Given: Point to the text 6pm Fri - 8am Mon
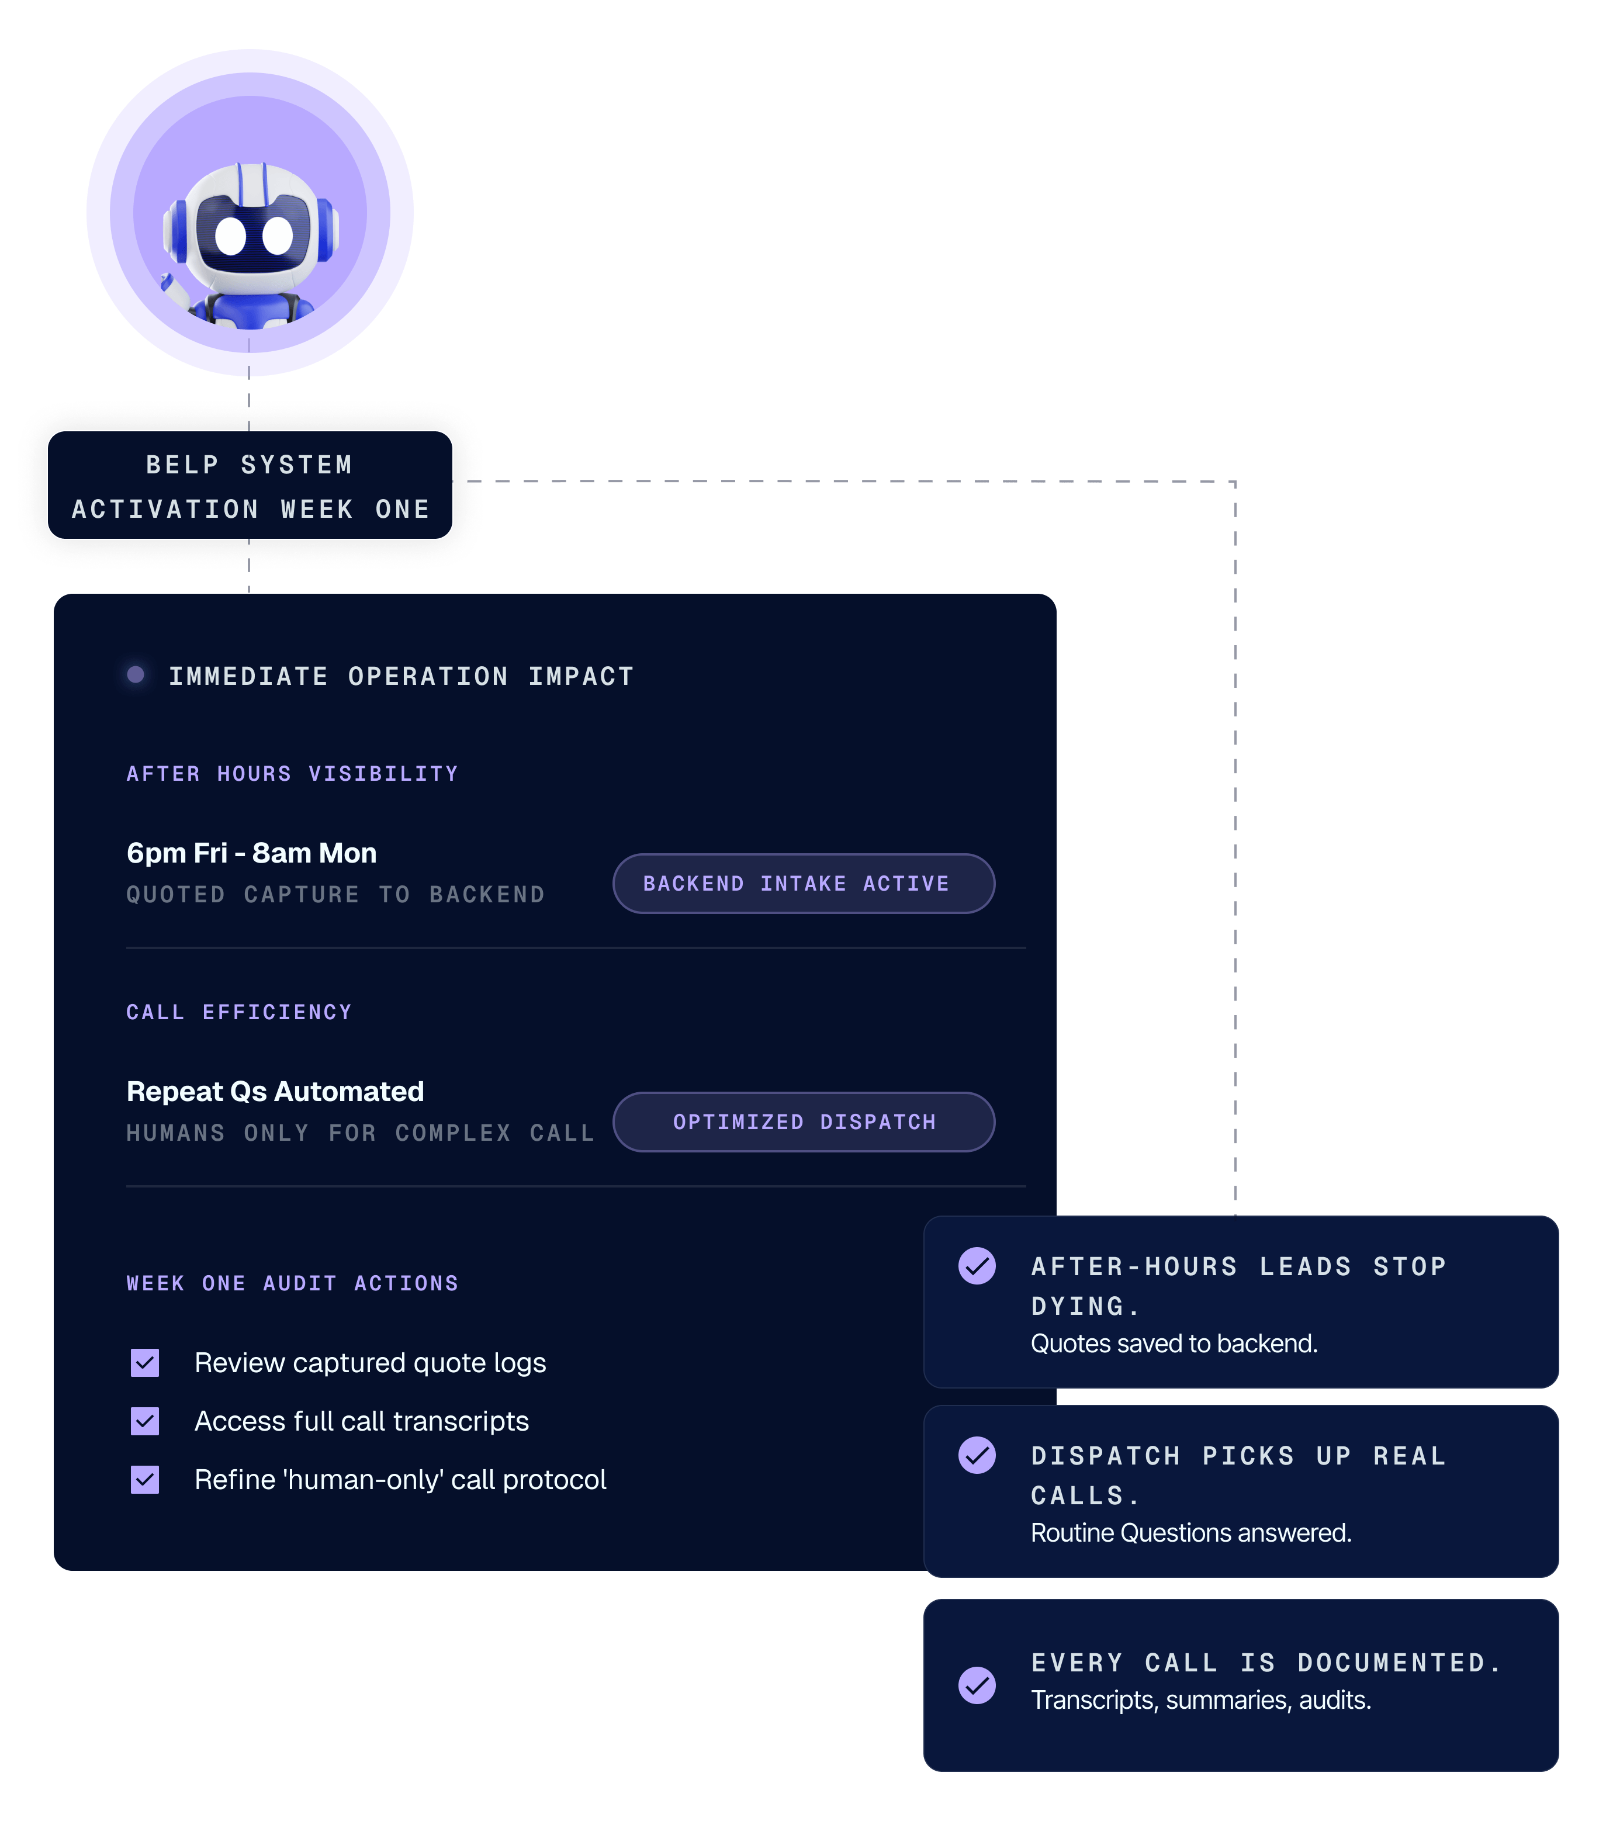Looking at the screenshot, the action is (251, 853).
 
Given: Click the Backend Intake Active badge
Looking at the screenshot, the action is (804, 884).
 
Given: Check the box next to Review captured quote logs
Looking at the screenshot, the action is (145, 1363).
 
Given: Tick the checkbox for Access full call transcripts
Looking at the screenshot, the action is (145, 1422).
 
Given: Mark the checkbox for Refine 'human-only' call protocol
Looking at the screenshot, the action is (145, 1480).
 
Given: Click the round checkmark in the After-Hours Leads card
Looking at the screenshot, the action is (977, 1266).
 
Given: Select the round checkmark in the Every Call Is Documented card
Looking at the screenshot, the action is (977, 1685).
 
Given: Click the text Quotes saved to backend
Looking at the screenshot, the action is (1174, 1344).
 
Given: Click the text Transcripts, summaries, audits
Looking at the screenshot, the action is (1201, 1701).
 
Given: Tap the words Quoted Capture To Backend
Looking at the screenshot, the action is (336, 895).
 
